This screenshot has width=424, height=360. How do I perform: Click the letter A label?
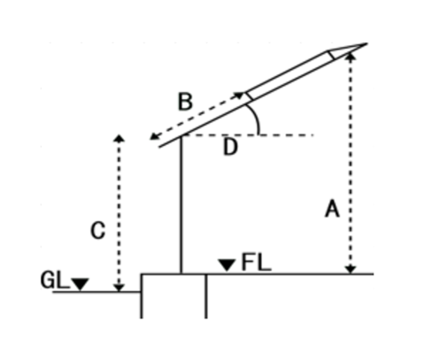332,209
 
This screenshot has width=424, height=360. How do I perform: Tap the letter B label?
185,102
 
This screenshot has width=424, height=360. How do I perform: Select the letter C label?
97,230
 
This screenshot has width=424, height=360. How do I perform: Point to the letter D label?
230,147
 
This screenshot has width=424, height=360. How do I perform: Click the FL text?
256,262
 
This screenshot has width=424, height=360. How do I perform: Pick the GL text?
55,280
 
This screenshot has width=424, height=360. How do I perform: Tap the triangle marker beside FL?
227,265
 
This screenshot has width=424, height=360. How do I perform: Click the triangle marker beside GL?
80,284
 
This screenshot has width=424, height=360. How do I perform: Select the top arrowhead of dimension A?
351,56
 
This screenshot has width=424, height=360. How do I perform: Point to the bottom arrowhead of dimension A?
351,270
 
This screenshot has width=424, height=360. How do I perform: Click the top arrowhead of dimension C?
119,139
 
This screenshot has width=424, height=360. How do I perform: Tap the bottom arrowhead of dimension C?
119,287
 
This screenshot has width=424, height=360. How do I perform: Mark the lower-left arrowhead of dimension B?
154,136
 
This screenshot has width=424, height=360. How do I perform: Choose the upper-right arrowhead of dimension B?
239,96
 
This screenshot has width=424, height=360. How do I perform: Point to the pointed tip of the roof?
366,43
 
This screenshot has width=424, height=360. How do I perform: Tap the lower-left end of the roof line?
159,147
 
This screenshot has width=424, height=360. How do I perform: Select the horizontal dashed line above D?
248,135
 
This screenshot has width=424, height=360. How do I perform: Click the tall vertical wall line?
181,205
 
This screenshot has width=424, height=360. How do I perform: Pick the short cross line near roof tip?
331,56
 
